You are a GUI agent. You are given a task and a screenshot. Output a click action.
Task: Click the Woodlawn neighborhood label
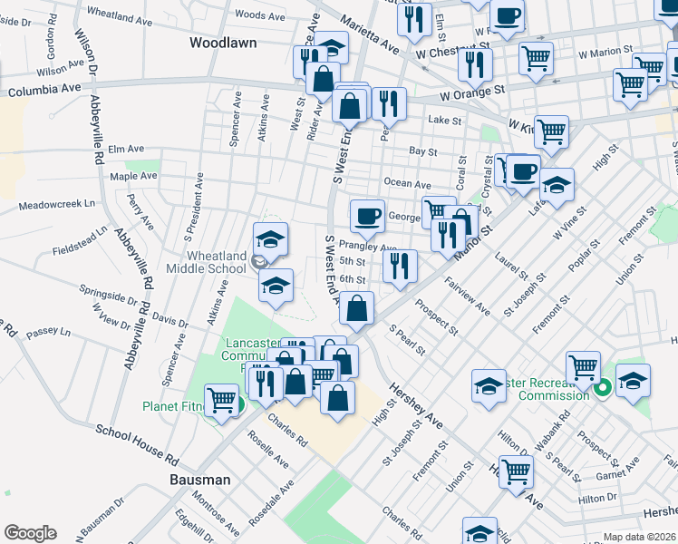(223, 43)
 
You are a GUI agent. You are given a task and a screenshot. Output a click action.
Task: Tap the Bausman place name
(201, 479)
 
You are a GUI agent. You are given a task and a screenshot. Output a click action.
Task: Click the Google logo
(30, 533)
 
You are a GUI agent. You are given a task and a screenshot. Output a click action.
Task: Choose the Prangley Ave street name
(368, 247)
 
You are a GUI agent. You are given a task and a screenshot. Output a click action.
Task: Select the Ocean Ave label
(407, 183)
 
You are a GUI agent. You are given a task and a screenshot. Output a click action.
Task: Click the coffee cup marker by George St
(367, 216)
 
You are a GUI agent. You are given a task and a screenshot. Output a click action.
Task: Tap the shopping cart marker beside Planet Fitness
(220, 399)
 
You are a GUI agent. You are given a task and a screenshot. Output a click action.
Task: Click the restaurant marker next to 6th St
(400, 266)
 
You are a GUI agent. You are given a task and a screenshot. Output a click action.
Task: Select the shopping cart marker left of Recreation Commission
(584, 367)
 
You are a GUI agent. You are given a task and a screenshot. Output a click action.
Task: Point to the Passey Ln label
(48, 334)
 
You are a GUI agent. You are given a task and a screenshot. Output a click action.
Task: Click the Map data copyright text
(640, 537)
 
